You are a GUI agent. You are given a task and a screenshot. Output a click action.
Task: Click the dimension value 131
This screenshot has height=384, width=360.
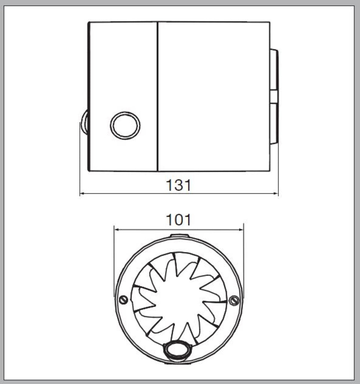point(178,185)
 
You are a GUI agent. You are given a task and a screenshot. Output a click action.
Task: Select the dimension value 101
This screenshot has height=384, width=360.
point(178,220)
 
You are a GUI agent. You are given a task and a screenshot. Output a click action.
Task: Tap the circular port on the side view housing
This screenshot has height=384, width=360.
point(125,125)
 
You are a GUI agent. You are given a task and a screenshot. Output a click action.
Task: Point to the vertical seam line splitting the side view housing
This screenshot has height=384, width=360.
point(158,96)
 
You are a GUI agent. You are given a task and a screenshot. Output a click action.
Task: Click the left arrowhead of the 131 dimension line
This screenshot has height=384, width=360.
point(82,194)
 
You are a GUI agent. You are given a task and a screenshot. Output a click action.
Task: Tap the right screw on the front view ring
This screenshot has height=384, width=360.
point(234,300)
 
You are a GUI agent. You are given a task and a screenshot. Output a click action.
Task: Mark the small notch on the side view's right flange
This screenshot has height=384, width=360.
point(274,96)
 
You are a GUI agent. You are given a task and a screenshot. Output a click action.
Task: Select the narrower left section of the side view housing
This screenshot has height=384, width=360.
point(123,69)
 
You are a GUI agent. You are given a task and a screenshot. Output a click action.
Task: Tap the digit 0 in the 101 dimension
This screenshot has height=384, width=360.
point(178,220)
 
